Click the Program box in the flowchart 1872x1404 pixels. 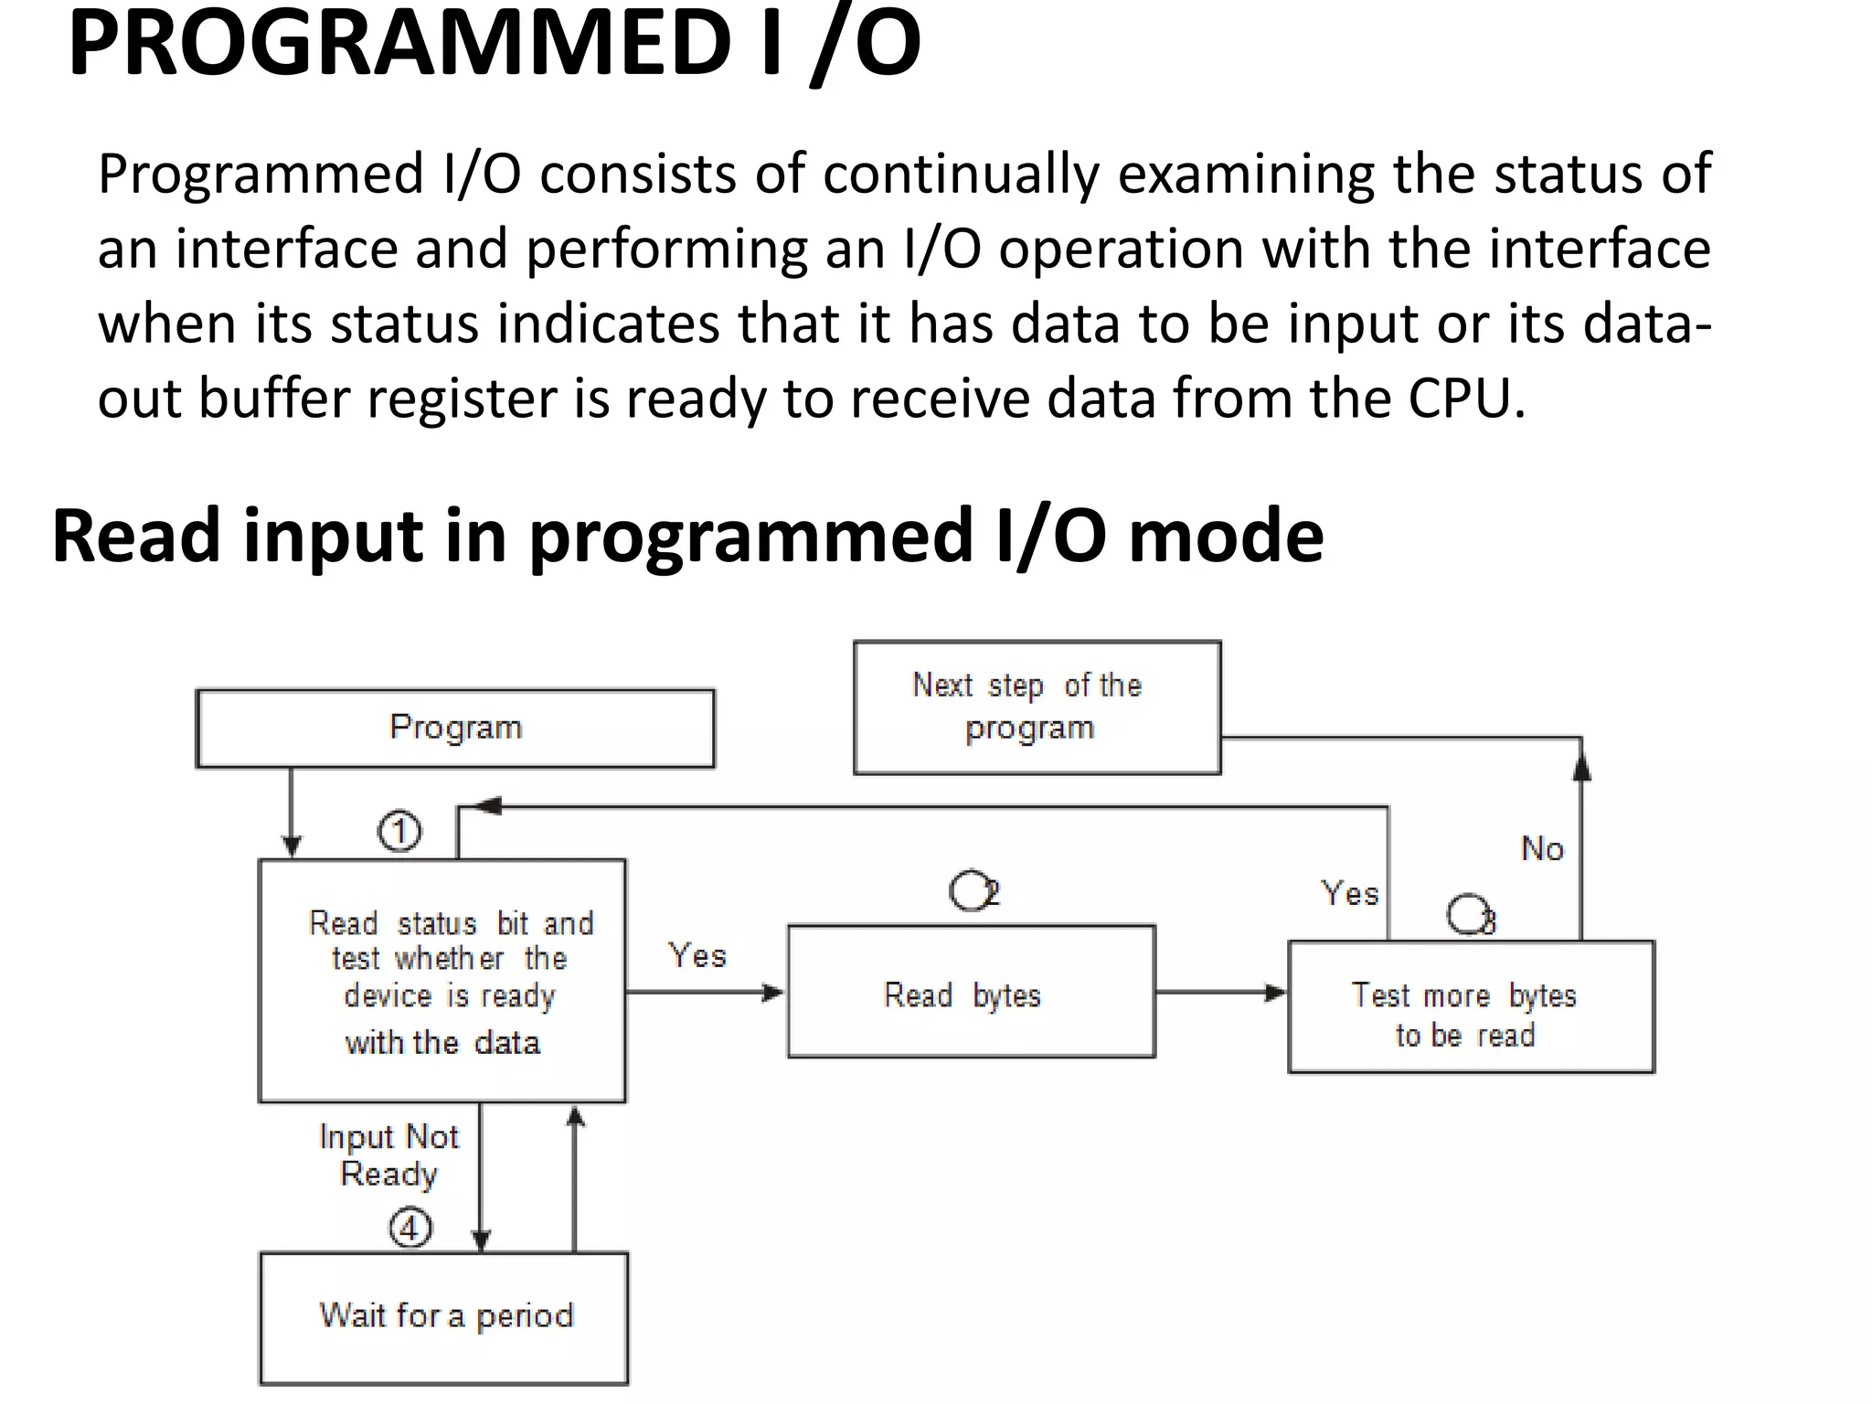pos(455,728)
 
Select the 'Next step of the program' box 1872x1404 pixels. pos(1037,707)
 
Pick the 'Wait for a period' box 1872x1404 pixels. pos(444,1317)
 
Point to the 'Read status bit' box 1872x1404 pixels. pos(442,981)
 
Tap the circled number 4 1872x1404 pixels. pos(410,1228)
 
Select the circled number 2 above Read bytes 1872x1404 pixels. pos(973,890)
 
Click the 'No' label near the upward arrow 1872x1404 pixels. pos(1542,849)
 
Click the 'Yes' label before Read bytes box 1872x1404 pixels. pos(697,956)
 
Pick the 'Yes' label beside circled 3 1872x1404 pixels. pos(1349,893)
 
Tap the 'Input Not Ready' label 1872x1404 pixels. pos(388,1155)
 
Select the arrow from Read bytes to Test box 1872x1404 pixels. pos(1220,993)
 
